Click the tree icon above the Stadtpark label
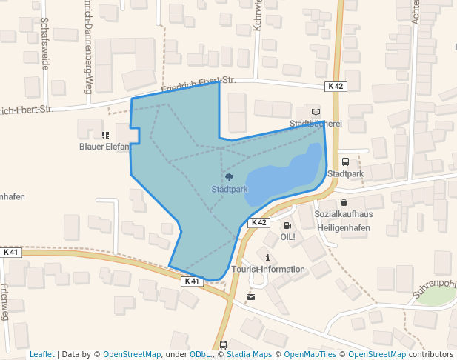point(229,177)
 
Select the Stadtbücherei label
point(316,124)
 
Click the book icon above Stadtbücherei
point(316,110)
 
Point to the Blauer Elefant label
point(104,147)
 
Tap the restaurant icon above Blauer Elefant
point(104,135)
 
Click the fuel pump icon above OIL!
point(287,225)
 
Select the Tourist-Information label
point(267,270)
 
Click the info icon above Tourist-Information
point(267,257)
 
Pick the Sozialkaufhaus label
point(344,214)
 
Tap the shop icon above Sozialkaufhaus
point(344,202)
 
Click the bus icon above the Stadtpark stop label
point(345,162)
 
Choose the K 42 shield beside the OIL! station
point(258,222)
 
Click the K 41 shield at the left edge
point(11,253)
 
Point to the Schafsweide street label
point(45,44)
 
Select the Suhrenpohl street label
point(434,289)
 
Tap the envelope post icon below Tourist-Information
point(251,297)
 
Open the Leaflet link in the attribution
point(41,355)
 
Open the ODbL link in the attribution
point(200,355)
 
